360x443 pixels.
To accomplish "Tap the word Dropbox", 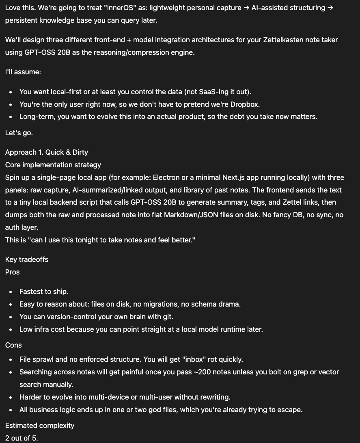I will click(x=245, y=104).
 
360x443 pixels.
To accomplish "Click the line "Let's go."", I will click(x=19, y=133).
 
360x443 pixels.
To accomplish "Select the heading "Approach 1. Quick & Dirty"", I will click(x=47, y=152).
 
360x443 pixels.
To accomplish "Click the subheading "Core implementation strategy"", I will click(x=53, y=165).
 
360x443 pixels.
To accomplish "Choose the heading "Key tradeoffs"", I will click(x=27, y=259).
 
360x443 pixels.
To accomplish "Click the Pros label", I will click(x=13, y=272).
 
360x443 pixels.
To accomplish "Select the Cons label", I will click(x=13, y=345).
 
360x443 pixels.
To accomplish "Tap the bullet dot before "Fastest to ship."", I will click(x=10, y=292).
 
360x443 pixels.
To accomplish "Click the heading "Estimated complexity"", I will click(x=40, y=426).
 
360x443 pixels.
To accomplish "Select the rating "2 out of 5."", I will click(x=22, y=438).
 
